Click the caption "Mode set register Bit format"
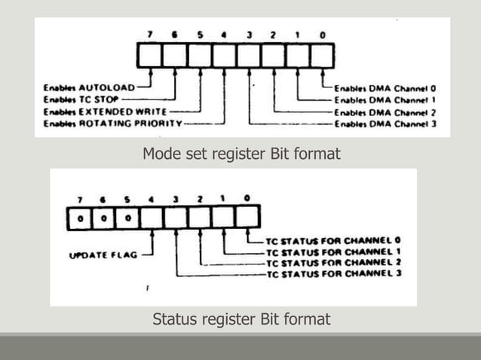[241, 154]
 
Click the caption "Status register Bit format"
[241, 319]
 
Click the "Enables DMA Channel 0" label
[385, 87]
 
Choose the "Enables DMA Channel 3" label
[385, 124]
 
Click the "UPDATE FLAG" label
[104, 255]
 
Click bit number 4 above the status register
[152, 200]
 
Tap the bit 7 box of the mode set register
[150, 56]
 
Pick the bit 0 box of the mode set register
[322, 56]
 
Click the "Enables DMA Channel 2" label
[385, 111]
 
